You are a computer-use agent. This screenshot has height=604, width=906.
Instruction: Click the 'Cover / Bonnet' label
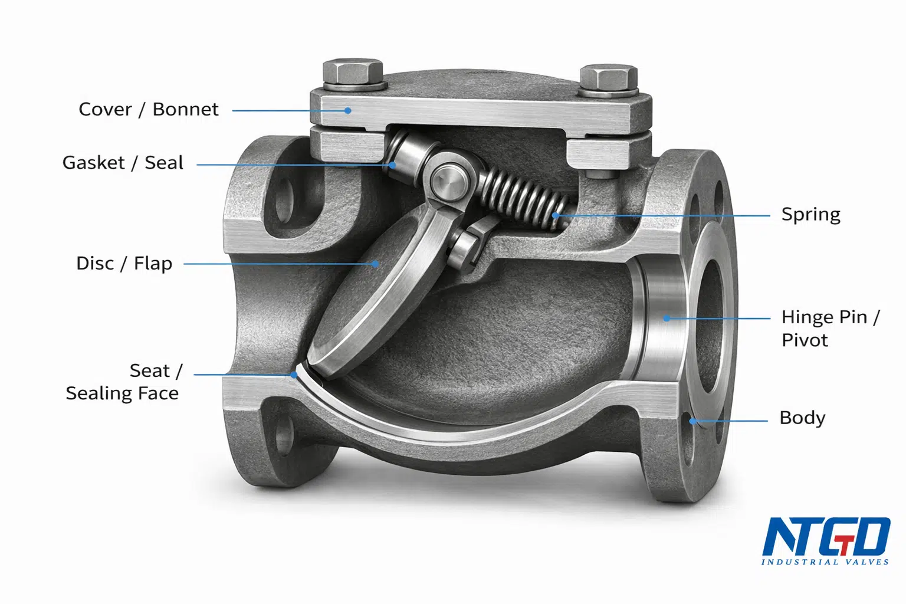149,109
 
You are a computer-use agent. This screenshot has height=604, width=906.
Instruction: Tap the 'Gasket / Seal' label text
123,163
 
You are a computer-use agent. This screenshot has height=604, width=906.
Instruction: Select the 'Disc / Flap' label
124,263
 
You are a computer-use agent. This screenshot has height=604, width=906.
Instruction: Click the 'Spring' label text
810,215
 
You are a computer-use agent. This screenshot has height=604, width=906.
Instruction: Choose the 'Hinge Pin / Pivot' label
830,329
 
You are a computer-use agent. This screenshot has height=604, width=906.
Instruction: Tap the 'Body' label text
802,418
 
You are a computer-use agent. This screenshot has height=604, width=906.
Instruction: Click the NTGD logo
826,540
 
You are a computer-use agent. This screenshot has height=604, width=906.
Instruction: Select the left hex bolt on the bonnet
353,75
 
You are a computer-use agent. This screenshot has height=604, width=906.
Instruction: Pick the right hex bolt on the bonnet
608,80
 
